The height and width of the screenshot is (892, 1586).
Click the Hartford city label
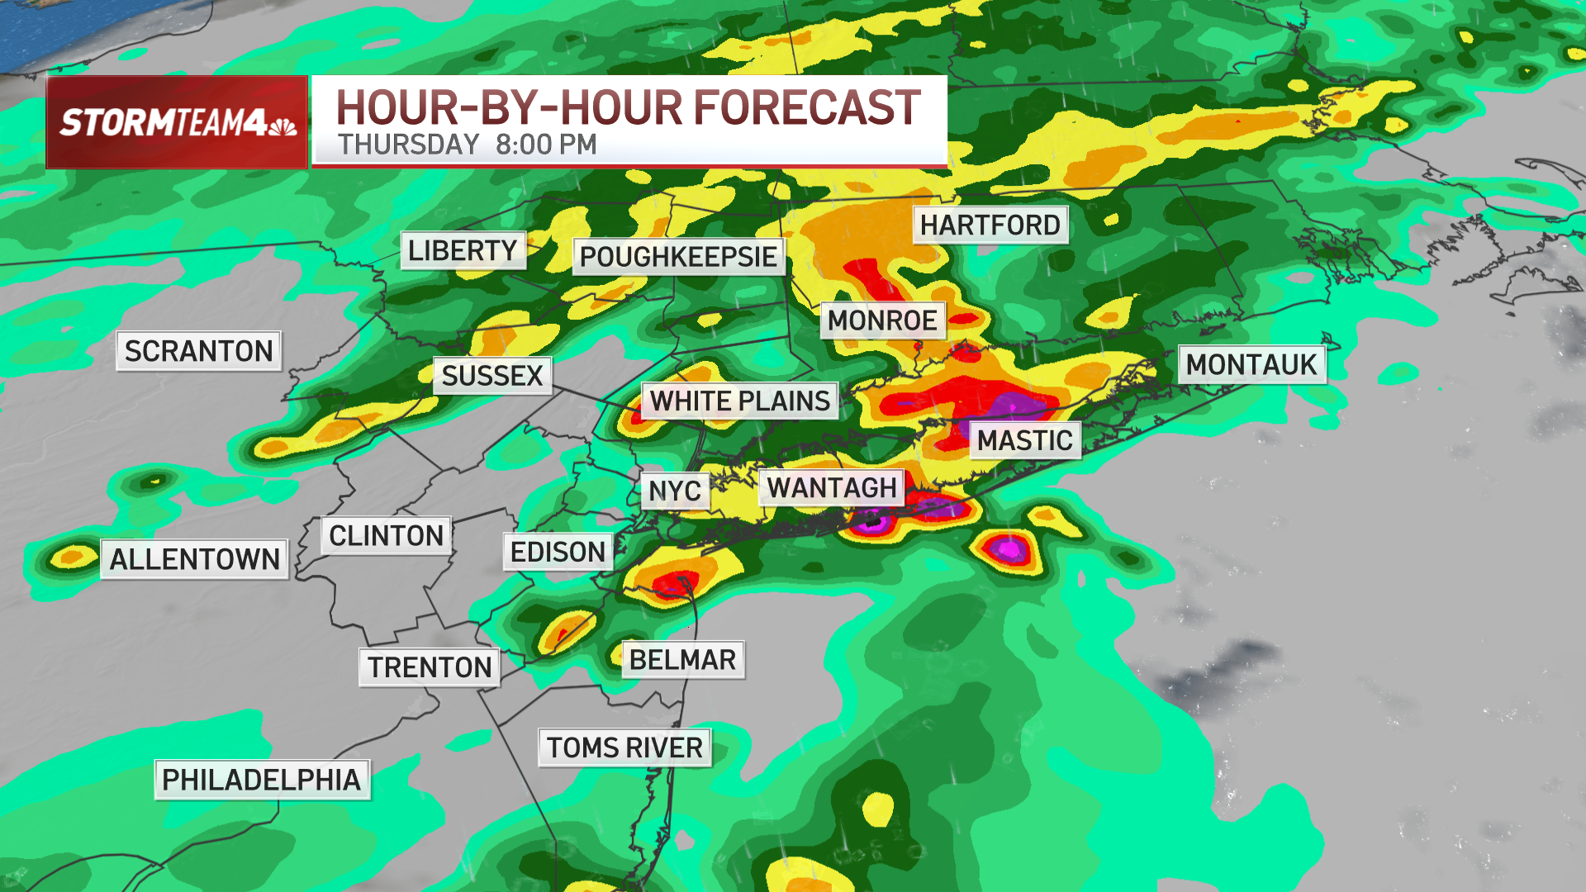pyautogui.click(x=990, y=225)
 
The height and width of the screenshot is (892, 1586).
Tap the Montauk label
pyautogui.click(x=1251, y=364)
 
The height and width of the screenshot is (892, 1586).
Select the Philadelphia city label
pyautogui.click(x=262, y=780)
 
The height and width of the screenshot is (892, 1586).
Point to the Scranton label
pyautogui.click(x=198, y=351)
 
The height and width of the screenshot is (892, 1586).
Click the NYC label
pyautogui.click(x=675, y=491)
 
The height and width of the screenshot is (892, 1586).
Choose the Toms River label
pyautogui.click(x=624, y=747)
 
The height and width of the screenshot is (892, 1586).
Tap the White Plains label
pyautogui.click(x=739, y=401)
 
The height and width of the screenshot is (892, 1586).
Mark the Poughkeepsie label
pyautogui.click(x=678, y=257)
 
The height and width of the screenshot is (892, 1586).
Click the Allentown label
pyautogui.click(x=195, y=559)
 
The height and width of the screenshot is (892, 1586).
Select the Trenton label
pyautogui.click(x=430, y=667)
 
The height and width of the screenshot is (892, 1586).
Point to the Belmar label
pyautogui.click(x=682, y=660)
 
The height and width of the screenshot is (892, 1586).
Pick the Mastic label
pyautogui.click(x=1025, y=440)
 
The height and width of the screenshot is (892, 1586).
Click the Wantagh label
pyautogui.click(x=832, y=488)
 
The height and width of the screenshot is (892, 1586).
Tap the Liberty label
pyautogui.click(x=463, y=250)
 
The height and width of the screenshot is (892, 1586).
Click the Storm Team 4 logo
pyautogui.click(x=177, y=122)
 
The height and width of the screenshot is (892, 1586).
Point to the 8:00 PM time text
pyautogui.click(x=546, y=145)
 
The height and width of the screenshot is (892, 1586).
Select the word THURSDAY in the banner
pyautogui.click(x=409, y=145)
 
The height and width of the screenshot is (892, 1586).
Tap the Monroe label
pyautogui.click(x=882, y=320)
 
